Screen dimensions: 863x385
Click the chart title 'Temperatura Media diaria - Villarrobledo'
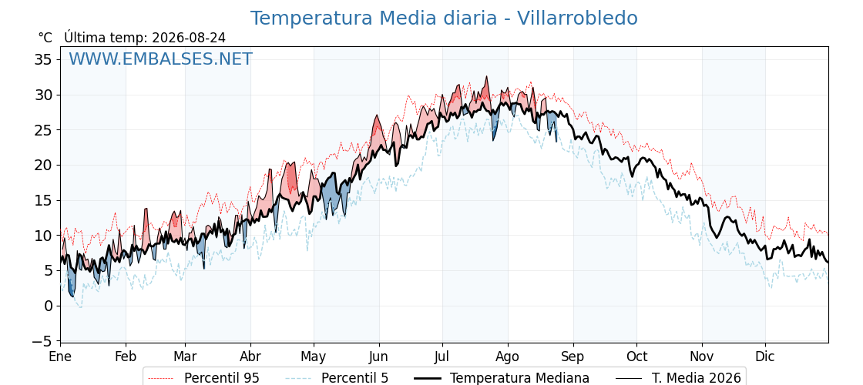point(444,18)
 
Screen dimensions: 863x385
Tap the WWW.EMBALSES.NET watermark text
point(161,59)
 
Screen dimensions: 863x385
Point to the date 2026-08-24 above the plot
point(189,38)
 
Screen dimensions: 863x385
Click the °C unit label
point(45,38)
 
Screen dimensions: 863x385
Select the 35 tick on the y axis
point(43,59)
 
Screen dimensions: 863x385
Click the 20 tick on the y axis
point(43,165)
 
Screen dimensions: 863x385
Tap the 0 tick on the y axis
point(48,306)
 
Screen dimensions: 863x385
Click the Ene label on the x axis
point(60,357)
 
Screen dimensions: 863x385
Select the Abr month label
point(250,357)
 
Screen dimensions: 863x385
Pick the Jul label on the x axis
point(442,357)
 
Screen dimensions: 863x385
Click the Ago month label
point(508,357)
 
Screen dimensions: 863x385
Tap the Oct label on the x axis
point(636,357)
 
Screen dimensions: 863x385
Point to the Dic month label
point(766,357)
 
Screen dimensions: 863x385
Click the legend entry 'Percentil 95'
point(221,378)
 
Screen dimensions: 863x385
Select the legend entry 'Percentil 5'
point(354,378)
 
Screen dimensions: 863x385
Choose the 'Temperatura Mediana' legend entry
point(519,378)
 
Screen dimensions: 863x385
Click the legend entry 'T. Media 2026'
point(697,378)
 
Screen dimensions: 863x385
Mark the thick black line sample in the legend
point(426,378)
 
